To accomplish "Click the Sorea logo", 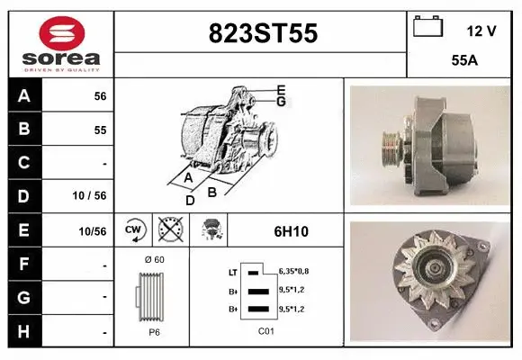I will (x=61, y=44).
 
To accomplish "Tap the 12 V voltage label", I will (x=481, y=31).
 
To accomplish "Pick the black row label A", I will (x=24, y=96).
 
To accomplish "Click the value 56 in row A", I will (x=100, y=96).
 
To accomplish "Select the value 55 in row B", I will (x=100, y=130).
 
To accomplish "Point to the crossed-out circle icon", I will (x=168, y=230).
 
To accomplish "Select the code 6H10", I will (x=291, y=231).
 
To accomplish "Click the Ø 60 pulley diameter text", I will (x=153, y=259).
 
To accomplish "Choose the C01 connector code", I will (x=265, y=329).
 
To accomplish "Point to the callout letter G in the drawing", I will (x=281, y=102).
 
